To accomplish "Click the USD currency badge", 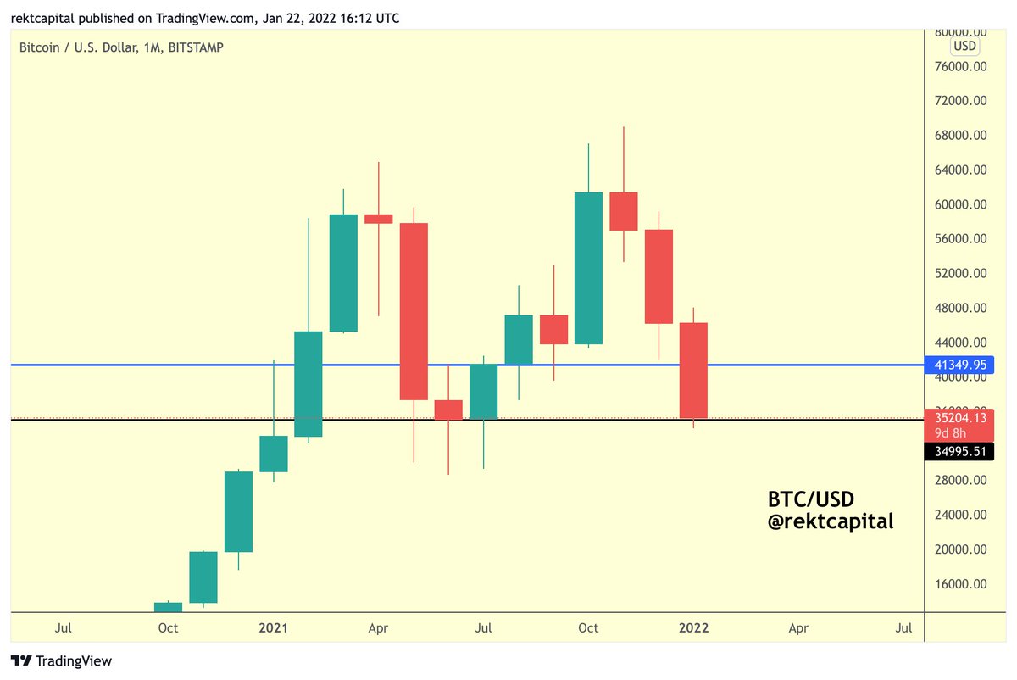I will coord(964,46).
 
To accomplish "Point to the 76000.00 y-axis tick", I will coord(959,66).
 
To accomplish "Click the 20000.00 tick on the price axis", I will coord(959,549).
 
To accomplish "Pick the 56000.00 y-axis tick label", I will coord(959,239).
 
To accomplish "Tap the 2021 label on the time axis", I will coord(274,628).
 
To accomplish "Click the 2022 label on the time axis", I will coord(693,628).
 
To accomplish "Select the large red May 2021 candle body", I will coord(414,311).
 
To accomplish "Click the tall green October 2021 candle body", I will coord(588,268).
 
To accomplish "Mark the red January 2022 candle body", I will coord(693,371).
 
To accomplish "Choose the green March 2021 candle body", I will coord(343,273).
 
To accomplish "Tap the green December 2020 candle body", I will coord(238,511).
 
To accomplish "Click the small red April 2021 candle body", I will coord(378,219).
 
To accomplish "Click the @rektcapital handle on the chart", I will coord(830,521).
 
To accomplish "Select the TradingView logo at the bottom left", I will coord(61,660).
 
